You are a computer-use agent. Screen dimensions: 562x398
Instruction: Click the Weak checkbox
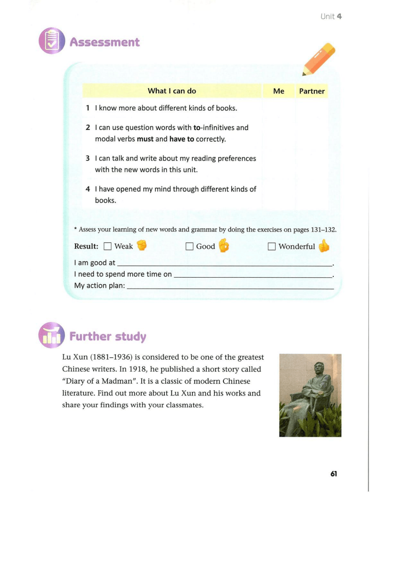click(108, 246)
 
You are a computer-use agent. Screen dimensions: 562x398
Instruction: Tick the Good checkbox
click(189, 246)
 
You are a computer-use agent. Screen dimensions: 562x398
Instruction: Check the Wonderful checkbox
click(272, 246)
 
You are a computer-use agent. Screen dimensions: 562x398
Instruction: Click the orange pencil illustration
click(319, 59)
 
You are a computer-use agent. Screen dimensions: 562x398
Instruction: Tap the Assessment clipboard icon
click(52, 41)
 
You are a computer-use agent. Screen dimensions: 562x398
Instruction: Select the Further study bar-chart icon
click(51, 335)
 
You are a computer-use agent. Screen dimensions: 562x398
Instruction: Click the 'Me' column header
click(278, 91)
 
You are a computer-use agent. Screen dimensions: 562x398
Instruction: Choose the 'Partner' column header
click(312, 91)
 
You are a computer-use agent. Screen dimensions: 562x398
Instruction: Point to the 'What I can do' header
click(172, 91)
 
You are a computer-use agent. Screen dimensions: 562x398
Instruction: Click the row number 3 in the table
click(87, 158)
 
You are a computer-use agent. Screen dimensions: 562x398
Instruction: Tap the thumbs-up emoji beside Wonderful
click(324, 246)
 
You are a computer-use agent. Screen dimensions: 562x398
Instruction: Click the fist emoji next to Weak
click(142, 245)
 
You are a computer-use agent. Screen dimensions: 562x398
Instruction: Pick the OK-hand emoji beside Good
click(224, 245)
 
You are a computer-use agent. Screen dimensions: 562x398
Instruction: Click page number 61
click(334, 474)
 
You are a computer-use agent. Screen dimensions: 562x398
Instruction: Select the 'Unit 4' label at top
click(331, 16)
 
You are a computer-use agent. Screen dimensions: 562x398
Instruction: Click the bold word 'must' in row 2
click(145, 139)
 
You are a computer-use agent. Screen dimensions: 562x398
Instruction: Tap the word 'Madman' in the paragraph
click(117, 381)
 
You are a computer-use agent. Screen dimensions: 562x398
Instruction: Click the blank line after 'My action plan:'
click(230, 286)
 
